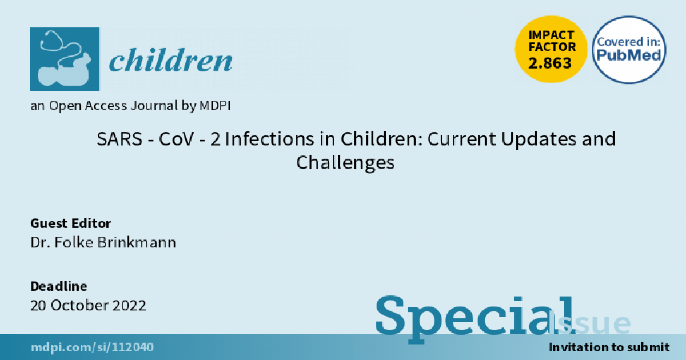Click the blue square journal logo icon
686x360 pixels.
65,59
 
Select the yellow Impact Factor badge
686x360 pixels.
551,49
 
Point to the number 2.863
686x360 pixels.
550,63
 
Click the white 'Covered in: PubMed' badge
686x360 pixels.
629,50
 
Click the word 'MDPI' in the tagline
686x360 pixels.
215,106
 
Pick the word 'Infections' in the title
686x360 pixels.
269,139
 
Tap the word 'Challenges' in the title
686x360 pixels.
345,163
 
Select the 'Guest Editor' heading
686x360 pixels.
71,223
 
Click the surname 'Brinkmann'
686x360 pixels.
137,242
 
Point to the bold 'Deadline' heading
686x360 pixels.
59,286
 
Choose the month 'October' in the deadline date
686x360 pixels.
79,306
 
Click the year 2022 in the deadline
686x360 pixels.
129,306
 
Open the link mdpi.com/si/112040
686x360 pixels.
92,347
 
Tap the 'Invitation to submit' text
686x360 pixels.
609,347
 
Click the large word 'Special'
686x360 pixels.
474,318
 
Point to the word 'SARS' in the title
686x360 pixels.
119,139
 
